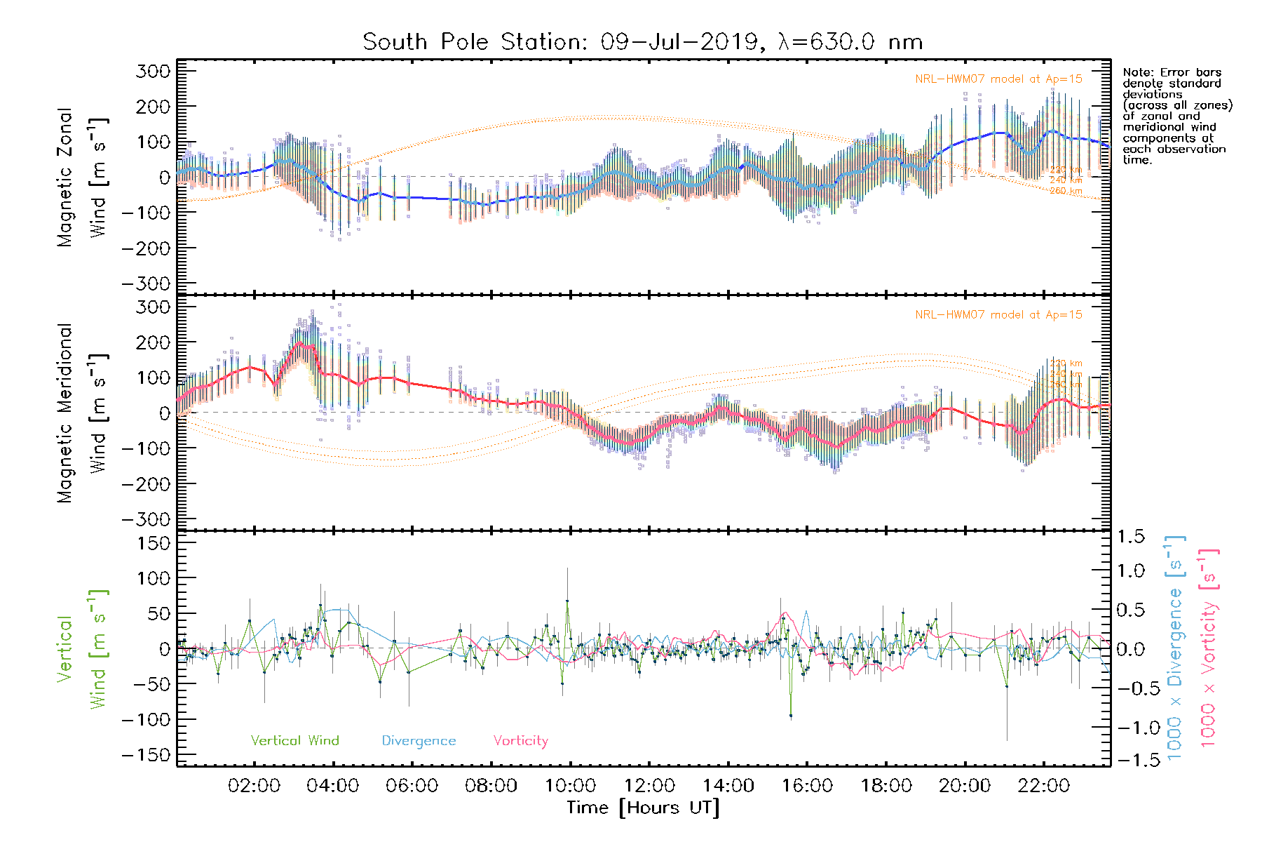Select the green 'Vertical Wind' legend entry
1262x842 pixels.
pyautogui.click(x=294, y=740)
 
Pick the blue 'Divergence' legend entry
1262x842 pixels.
pyautogui.click(x=419, y=741)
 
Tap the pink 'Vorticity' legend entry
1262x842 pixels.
pyautogui.click(x=520, y=740)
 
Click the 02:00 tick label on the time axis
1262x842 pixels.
pyautogui.click(x=254, y=786)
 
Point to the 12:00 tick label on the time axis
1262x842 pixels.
pyautogui.click(x=649, y=786)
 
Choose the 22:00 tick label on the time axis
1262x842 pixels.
pyautogui.click(x=1043, y=786)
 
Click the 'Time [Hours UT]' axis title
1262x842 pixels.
pyautogui.click(x=643, y=808)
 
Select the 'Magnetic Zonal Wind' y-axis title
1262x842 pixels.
pyautogui.click(x=82, y=177)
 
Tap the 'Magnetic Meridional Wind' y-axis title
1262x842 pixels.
pyautogui.click(x=82, y=413)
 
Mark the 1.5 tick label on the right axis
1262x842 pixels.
pyautogui.click(x=1130, y=537)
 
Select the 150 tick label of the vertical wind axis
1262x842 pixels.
pyautogui.click(x=154, y=543)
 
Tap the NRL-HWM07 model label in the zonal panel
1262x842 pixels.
pyautogui.click(x=998, y=79)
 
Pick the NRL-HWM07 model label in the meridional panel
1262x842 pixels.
pyautogui.click(x=998, y=315)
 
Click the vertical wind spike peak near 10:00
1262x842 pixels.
pyautogui.click(x=567, y=601)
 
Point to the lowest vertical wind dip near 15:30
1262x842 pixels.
pyautogui.click(x=791, y=716)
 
